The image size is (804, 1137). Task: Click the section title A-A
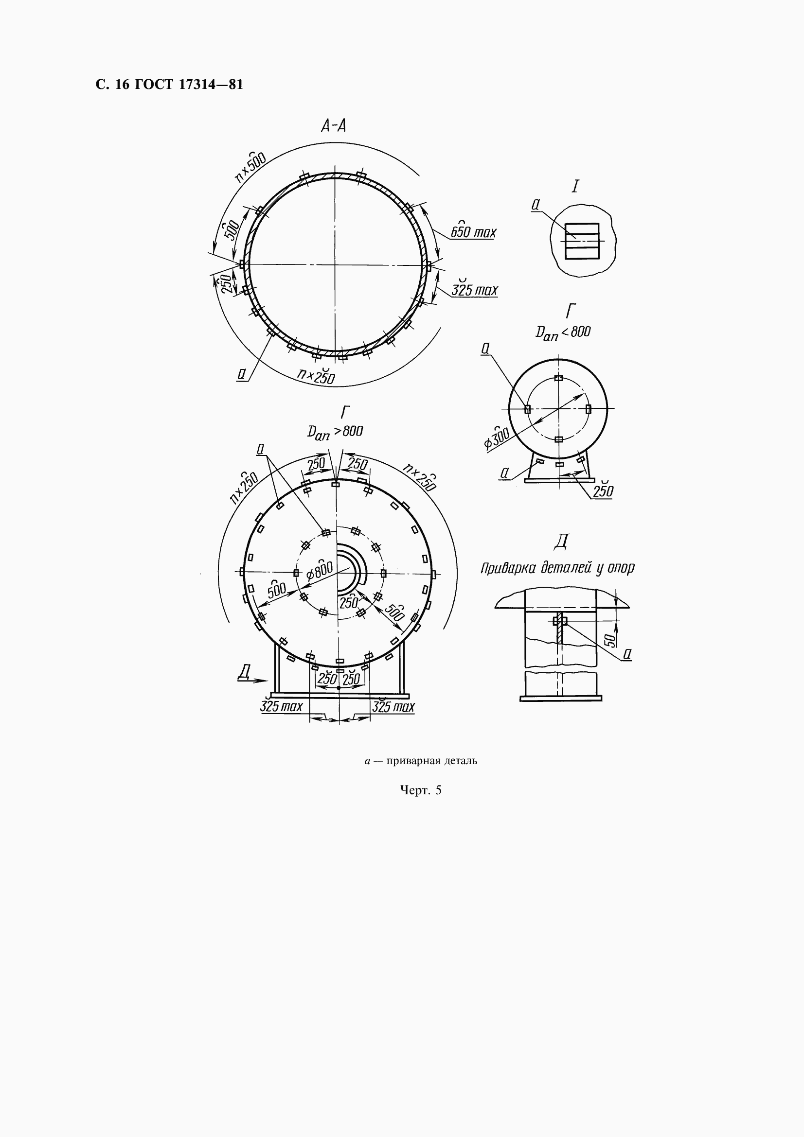pos(333,126)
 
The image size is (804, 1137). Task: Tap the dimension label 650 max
pos(473,231)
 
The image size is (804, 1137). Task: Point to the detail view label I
pos(574,187)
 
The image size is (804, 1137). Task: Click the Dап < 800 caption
pos(563,333)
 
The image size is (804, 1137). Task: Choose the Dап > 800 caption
pos(335,432)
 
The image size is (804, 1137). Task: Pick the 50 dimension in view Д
pos(612,640)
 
